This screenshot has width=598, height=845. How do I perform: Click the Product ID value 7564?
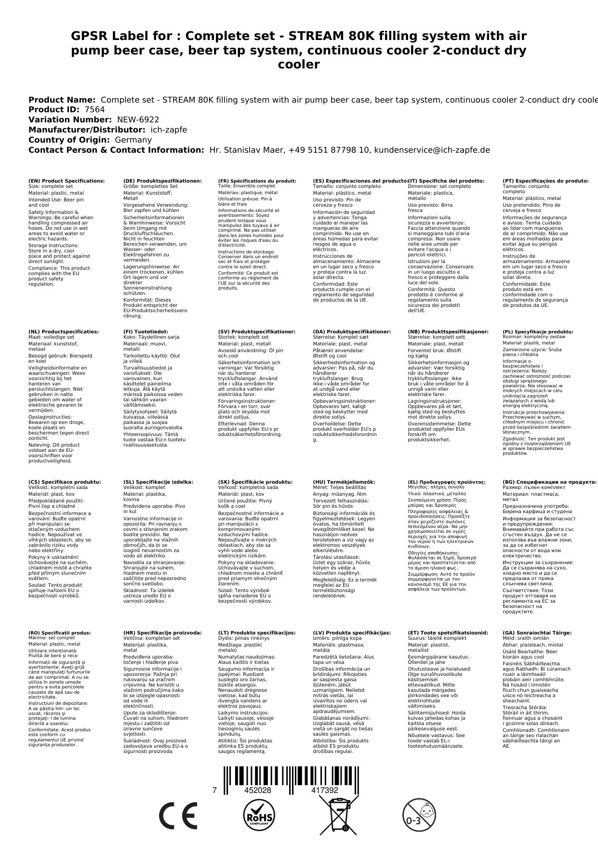pos(94,110)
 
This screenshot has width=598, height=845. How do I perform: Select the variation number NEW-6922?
pos(138,120)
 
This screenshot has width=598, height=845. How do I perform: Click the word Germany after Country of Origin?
pos(133,140)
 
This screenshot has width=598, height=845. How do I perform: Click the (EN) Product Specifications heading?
pos(66,181)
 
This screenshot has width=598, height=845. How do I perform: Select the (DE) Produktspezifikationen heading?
pos(162,181)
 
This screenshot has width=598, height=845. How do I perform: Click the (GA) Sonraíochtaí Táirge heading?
pos(537,633)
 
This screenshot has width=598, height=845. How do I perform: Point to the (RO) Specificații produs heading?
pos(60,633)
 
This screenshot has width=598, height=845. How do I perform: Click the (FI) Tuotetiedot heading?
pos(146,332)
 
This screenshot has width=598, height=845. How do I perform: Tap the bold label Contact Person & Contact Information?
pos(116,150)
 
